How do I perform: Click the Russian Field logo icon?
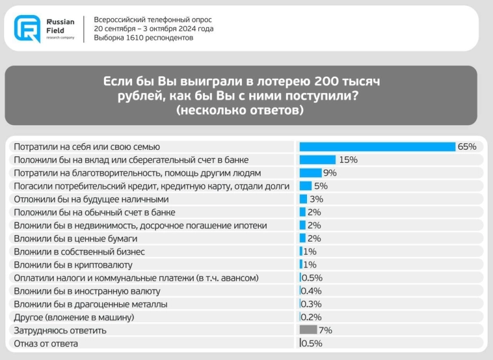(x=27, y=28)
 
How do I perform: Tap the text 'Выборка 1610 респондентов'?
(x=143, y=38)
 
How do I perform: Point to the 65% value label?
(x=466, y=146)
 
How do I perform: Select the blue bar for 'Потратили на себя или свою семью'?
(x=377, y=146)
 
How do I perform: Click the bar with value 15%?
(x=317, y=159)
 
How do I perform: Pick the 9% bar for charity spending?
(x=310, y=173)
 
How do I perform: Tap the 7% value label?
(x=325, y=330)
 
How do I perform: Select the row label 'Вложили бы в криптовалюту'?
(x=73, y=265)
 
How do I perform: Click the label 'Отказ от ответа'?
(x=46, y=344)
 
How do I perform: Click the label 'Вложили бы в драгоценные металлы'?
(x=90, y=304)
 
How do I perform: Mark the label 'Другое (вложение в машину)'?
(x=74, y=317)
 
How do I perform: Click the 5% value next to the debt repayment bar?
(x=321, y=186)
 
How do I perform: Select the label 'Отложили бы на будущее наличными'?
(x=91, y=199)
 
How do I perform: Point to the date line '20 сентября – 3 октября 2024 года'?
(x=153, y=29)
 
